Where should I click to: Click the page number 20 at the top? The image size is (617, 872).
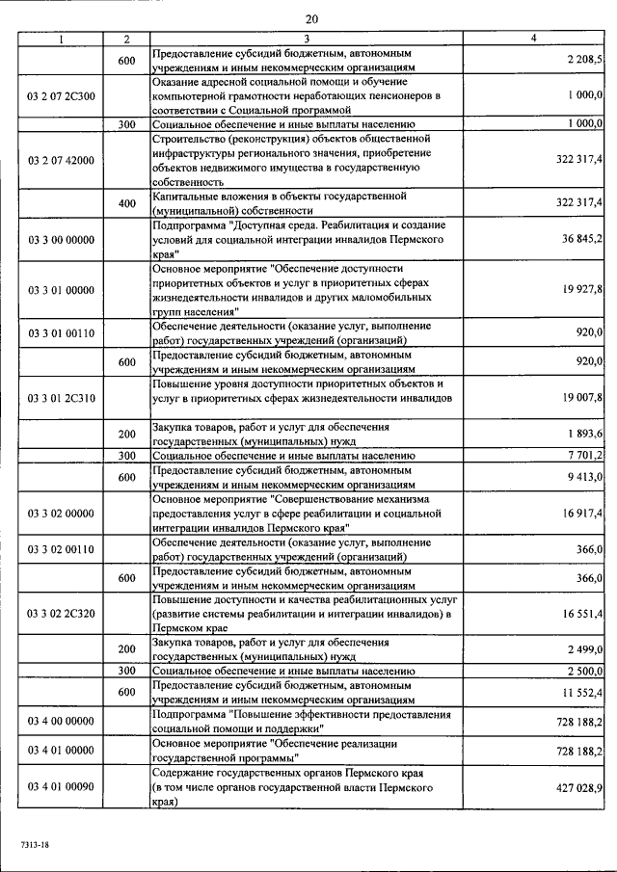tap(311, 19)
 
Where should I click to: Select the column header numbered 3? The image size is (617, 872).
tap(306, 39)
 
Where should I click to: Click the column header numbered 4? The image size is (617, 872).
tap(533, 39)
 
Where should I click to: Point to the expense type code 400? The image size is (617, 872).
tap(126, 202)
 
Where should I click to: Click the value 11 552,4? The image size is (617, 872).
tap(580, 692)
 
